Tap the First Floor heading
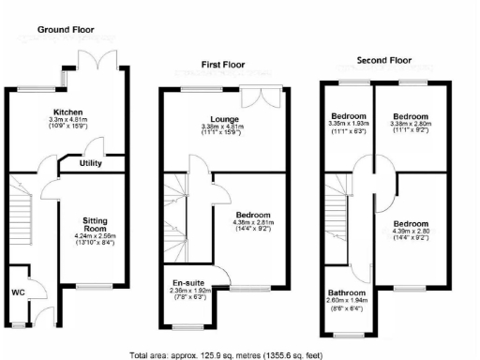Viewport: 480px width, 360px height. (228, 65)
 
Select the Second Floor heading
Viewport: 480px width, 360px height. (384, 60)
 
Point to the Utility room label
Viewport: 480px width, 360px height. (91, 163)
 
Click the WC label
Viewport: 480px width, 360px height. (18, 292)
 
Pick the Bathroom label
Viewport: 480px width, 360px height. (347, 293)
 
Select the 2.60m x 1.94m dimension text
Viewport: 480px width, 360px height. (347, 303)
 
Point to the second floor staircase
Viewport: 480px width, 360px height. (339, 216)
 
